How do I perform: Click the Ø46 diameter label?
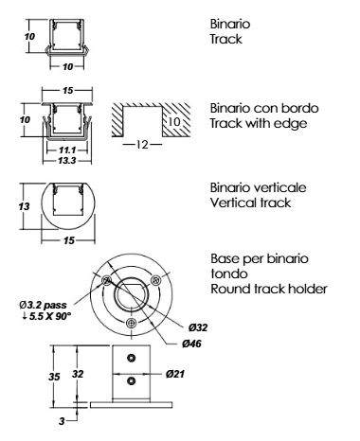[191, 344]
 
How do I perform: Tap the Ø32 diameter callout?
[198, 327]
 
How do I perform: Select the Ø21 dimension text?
[174, 374]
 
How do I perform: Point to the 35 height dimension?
[54, 377]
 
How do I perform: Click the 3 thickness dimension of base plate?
[62, 421]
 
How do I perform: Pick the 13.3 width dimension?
[67, 161]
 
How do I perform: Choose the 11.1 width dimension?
[67, 150]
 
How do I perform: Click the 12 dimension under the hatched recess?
[142, 145]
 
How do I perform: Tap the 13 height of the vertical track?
[24, 206]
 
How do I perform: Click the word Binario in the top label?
[230, 24]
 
